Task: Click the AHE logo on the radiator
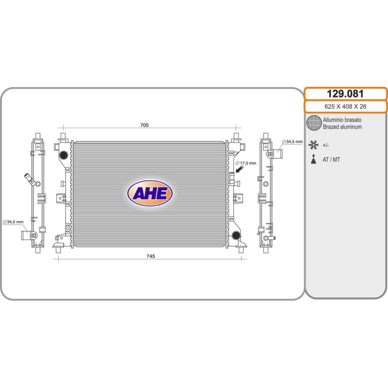[x=150, y=193]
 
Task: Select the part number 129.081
[x=345, y=94]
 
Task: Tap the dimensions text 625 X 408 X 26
[x=345, y=106]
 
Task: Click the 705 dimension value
[x=144, y=125]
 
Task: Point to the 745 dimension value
[x=151, y=257]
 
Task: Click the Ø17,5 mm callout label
[x=246, y=163]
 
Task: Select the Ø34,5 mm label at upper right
[x=292, y=142]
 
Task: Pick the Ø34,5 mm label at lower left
[x=13, y=222]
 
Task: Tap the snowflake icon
[x=313, y=145]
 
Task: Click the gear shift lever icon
[x=313, y=160]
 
